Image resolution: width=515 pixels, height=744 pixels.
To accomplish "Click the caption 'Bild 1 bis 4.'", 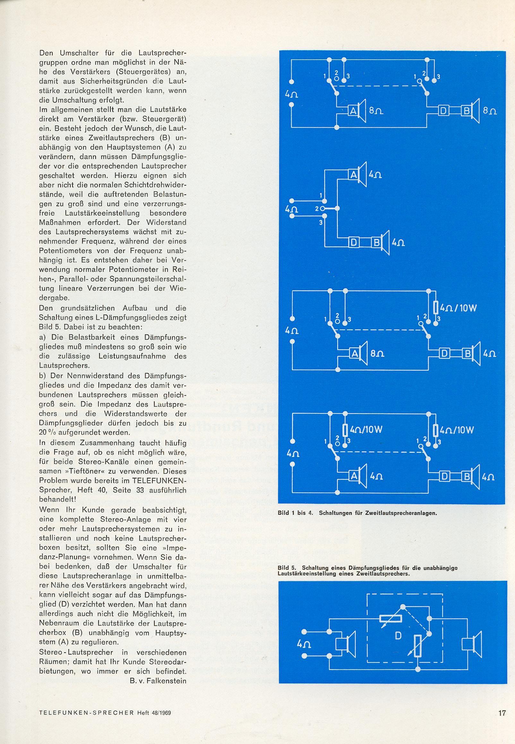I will (x=296, y=513).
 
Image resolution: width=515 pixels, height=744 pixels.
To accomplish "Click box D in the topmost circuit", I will (x=444, y=111).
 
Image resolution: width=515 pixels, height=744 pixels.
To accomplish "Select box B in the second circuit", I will (x=376, y=242).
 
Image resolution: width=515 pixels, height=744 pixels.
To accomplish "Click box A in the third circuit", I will (x=354, y=354).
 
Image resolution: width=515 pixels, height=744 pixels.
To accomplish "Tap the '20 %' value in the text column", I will (x=48, y=433).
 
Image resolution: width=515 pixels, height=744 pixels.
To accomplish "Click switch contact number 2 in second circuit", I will (x=318, y=208).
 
